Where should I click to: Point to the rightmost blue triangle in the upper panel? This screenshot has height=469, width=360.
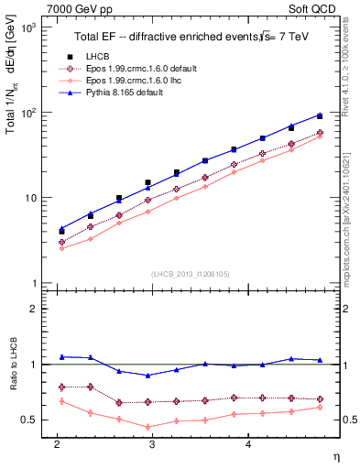click(x=319, y=115)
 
